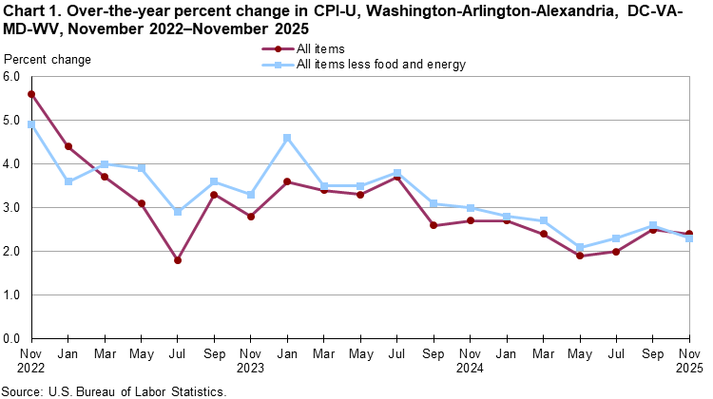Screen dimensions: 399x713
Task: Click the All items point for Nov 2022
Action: (x=32, y=94)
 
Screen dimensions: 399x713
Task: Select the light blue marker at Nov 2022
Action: (x=32, y=124)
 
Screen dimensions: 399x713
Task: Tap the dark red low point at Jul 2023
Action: (x=178, y=259)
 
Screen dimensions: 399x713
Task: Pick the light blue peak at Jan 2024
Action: (x=286, y=138)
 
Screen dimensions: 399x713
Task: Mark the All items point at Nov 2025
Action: (x=688, y=234)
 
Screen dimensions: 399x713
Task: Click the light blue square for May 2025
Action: (x=579, y=247)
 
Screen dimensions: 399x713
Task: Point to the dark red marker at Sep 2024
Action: (x=433, y=225)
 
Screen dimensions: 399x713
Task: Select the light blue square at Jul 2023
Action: (x=178, y=212)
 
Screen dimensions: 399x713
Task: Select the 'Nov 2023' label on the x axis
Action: (x=251, y=359)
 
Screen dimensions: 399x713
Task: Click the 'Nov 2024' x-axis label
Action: (x=470, y=359)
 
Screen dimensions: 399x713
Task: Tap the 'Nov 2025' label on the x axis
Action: (x=689, y=359)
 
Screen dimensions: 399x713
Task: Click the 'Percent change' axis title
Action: (x=48, y=60)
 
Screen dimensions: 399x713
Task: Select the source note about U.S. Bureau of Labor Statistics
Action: (x=113, y=390)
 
